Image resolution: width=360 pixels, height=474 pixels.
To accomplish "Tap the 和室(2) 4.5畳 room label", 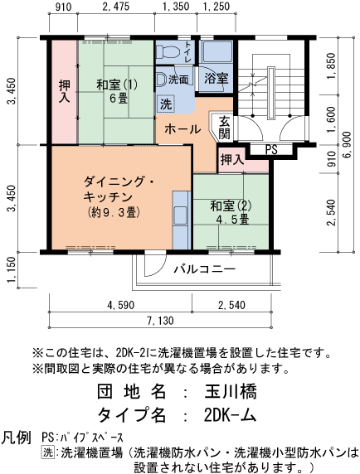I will (230, 212).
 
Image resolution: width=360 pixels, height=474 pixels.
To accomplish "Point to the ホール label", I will (181, 129).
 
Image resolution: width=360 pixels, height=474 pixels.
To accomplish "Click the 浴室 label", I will (216, 79).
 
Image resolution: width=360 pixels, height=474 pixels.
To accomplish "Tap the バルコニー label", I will (204, 269).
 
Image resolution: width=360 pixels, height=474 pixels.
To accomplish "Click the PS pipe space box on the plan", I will (270, 149).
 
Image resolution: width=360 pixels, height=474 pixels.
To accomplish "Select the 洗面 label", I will (178, 80).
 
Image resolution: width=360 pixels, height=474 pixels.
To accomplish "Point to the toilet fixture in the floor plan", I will (167, 51).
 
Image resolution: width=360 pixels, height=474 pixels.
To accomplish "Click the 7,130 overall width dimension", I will (160, 321).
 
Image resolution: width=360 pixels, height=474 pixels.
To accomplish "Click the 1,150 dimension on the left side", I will (10, 269).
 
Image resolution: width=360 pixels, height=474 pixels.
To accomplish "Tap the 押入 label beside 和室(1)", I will (63, 91).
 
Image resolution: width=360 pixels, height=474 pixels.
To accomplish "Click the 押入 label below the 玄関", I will (231, 158).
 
